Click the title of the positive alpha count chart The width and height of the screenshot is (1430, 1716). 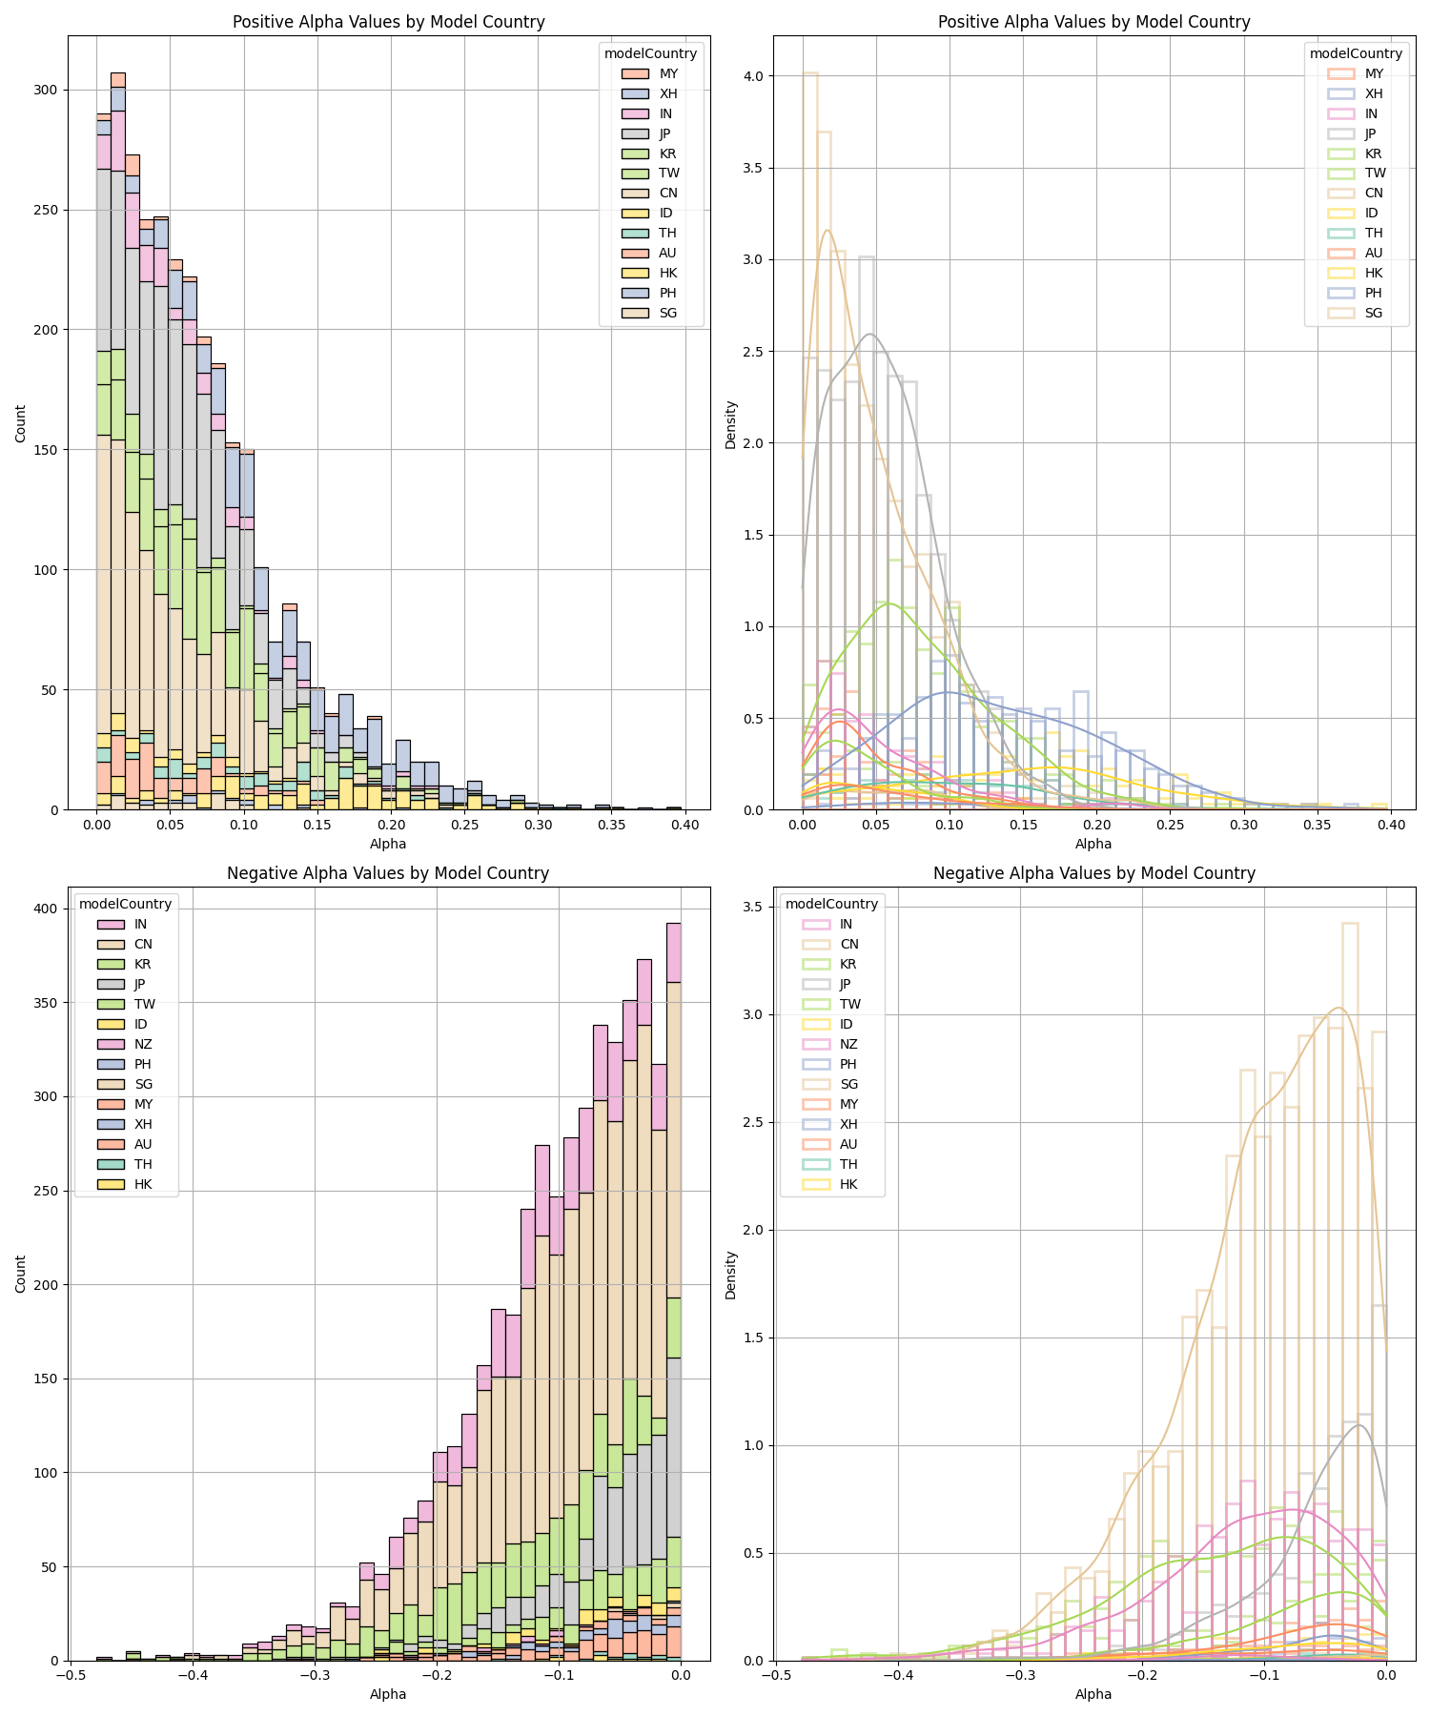(388, 22)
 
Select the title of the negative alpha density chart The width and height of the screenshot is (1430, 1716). (1093, 872)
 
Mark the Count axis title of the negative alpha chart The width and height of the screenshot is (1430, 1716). (21, 1274)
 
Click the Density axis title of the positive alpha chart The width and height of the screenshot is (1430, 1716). (730, 424)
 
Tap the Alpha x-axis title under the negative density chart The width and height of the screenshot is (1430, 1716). (1093, 1694)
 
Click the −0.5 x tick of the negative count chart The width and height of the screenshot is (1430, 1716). (71, 1676)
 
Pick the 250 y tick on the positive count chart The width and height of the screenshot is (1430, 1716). (46, 211)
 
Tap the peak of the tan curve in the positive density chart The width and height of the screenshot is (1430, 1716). (827, 230)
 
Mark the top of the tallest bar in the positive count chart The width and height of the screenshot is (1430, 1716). (118, 73)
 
